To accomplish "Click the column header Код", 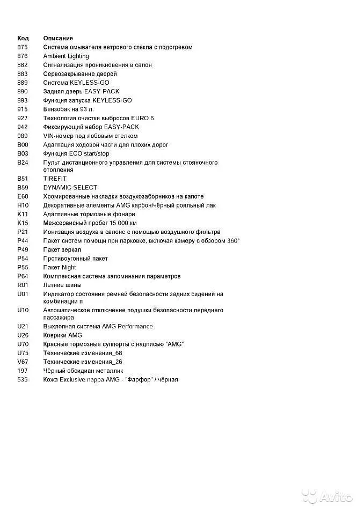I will (x=23, y=39).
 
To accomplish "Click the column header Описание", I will (x=58, y=39).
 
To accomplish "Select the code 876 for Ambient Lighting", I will (x=23, y=56).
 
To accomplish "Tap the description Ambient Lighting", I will (x=66, y=56).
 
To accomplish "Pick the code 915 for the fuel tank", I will (x=23, y=109).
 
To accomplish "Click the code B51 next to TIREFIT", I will (x=23, y=179).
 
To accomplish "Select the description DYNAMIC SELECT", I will (x=70, y=188).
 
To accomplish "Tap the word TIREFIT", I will (x=55, y=179).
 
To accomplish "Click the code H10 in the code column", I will (x=23, y=205).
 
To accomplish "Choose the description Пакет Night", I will (x=60, y=268).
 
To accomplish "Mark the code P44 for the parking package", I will (x=23, y=241).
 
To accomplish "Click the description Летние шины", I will (x=62, y=285).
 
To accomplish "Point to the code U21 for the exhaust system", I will (x=23, y=327).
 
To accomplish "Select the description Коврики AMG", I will (x=63, y=335).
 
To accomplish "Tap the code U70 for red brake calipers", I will (x=23, y=344).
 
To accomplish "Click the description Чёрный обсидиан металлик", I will (x=83, y=371).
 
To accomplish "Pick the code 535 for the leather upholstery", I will (x=23, y=380).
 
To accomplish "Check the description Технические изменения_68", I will (x=83, y=353).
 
